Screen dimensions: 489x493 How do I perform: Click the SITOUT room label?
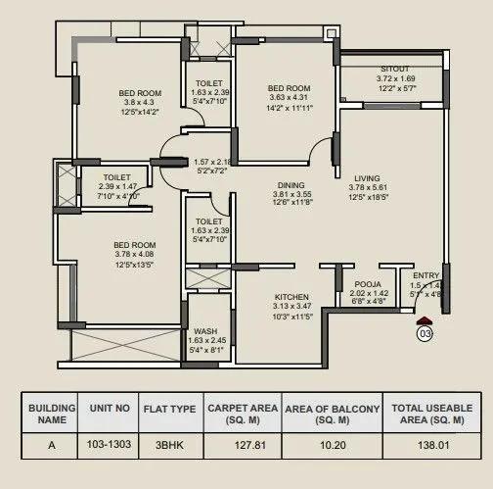pyautogui.click(x=395, y=69)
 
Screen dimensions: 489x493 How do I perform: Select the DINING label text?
pyautogui.click(x=291, y=184)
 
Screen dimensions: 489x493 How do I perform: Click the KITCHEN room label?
pyautogui.click(x=292, y=297)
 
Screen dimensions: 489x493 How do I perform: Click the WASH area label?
pyautogui.click(x=205, y=331)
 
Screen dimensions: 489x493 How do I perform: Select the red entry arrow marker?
pyautogui.click(x=424, y=318)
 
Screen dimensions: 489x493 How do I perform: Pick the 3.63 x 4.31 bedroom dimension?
pyautogui.click(x=289, y=98)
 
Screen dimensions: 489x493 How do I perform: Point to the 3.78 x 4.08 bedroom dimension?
pyautogui.click(x=134, y=254)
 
